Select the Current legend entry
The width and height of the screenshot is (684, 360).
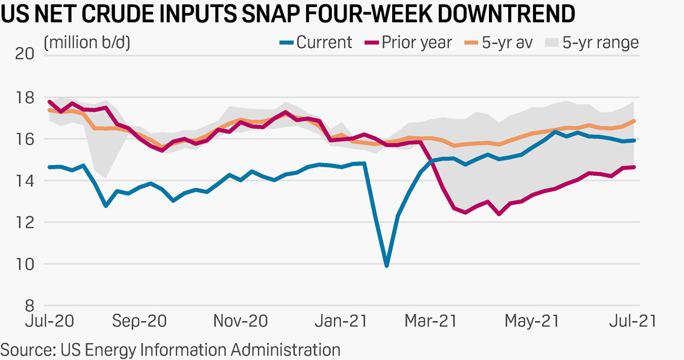click(x=316, y=42)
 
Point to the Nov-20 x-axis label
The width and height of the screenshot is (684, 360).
click(x=240, y=321)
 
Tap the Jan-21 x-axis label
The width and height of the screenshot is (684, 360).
click(x=340, y=321)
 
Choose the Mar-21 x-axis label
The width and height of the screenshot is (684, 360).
click(x=431, y=321)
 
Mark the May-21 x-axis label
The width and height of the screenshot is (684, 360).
click(x=532, y=321)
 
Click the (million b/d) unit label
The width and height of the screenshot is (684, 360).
click(x=87, y=42)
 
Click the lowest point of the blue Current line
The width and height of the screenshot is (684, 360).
click(x=386, y=265)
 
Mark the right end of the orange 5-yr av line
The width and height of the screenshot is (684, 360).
click(x=634, y=121)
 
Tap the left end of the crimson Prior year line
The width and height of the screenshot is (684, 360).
click(x=50, y=101)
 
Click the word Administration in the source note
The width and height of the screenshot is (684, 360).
click(x=285, y=350)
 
